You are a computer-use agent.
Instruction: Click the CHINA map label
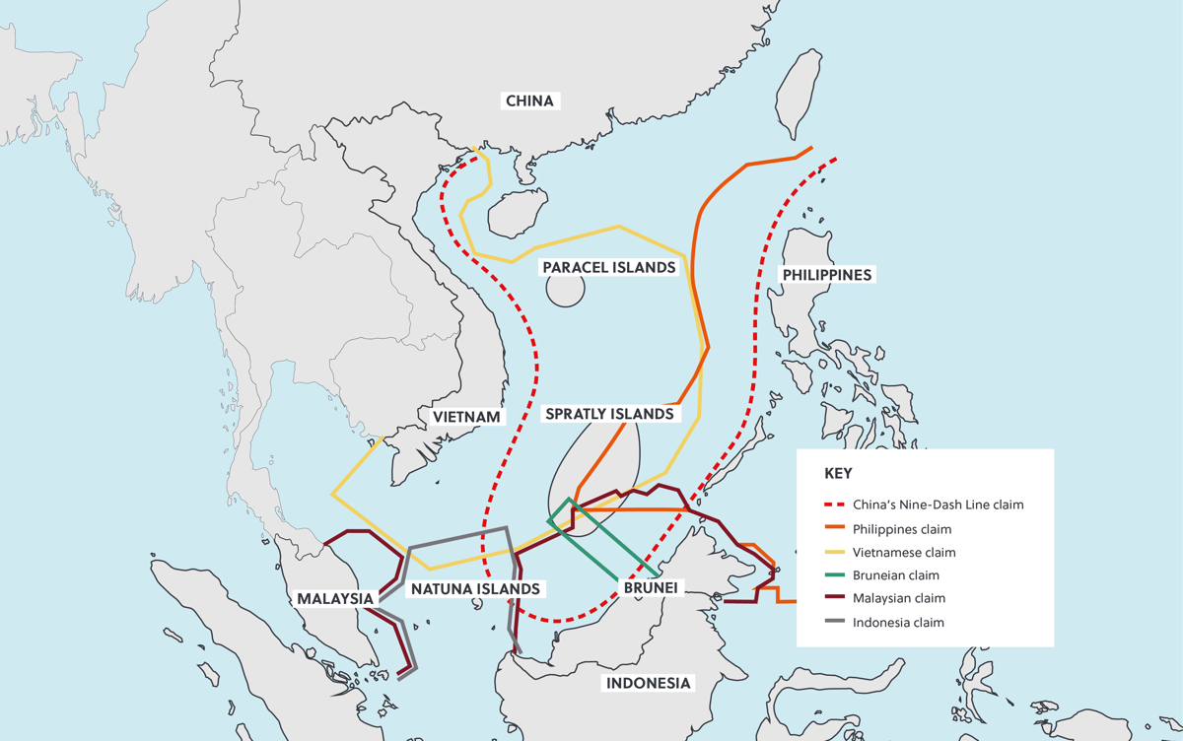click(529, 101)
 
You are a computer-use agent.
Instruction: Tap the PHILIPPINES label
click(826, 275)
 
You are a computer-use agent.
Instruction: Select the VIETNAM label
click(467, 417)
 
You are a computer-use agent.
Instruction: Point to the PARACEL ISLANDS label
click(609, 268)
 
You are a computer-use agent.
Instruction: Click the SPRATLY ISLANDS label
click(609, 414)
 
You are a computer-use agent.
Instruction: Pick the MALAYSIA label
click(335, 598)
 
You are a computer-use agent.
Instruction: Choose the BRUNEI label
click(650, 588)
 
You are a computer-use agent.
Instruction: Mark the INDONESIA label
click(649, 683)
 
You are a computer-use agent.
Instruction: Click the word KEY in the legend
click(838, 473)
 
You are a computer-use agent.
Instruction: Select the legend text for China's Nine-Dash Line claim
click(938, 505)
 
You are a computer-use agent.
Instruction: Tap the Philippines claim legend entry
click(902, 529)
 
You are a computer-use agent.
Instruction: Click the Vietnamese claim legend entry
click(904, 553)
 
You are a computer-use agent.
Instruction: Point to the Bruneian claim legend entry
click(896, 575)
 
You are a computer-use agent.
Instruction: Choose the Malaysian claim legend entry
click(898, 598)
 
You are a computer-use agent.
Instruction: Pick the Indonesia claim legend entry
click(898, 622)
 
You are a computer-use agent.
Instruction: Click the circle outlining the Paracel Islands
click(565, 289)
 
